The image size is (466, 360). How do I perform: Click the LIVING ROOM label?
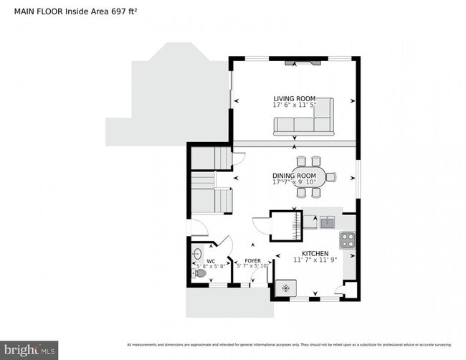tap(294, 98)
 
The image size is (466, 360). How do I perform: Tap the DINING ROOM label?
tap(294, 176)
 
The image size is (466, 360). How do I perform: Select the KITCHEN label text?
tap(315, 253)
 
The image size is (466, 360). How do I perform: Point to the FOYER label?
tap(252, 261)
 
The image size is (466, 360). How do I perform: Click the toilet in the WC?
tap(200, 273)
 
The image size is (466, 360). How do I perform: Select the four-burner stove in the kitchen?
tap(348, 240)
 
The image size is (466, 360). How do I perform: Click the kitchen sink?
tap(327, 222)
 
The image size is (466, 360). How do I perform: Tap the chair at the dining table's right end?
tap(331, 176)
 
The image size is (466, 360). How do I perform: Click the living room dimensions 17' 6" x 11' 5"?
tap(294, 105)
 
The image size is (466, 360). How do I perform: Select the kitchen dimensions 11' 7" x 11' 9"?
tap(315, 260)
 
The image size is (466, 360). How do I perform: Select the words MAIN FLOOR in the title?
tap(34, 12)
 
